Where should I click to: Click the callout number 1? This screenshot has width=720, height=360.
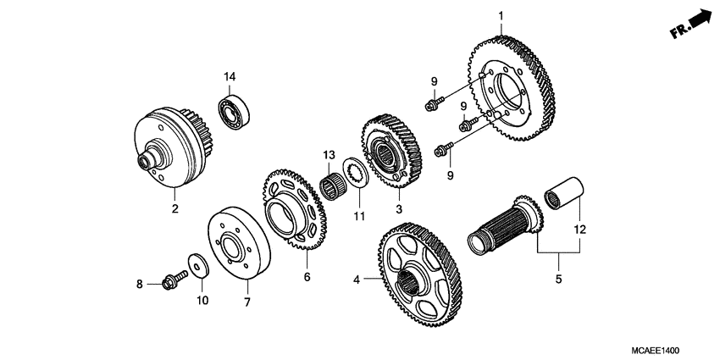(x=501, y=15)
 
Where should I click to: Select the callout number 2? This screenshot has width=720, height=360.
(x=175, y=208)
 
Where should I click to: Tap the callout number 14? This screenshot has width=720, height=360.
(x=230, y=78)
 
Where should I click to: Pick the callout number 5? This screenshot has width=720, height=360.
(x=558, y=278)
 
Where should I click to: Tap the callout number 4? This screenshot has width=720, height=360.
(x=357, y=279)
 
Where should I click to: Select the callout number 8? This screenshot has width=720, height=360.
(x=141, y=284)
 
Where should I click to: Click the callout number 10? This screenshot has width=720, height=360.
(x=202, y=300)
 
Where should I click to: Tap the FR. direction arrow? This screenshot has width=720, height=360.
(x=690, y=25)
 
